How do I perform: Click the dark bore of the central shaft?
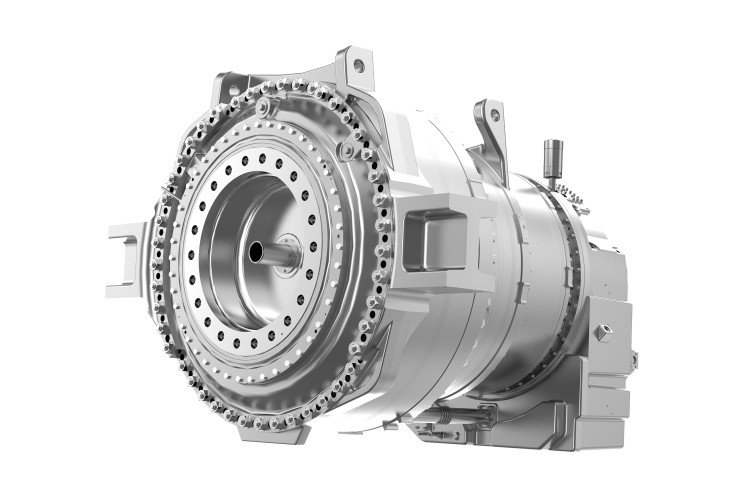coord(256,248)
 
